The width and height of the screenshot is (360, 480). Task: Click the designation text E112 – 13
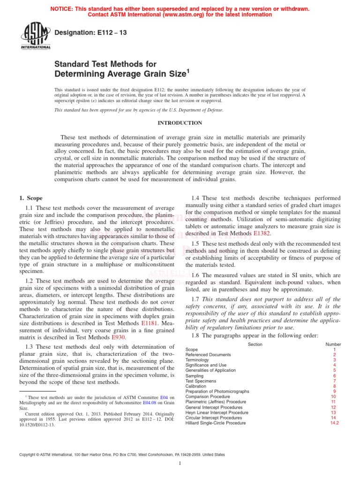[x=91, y=32]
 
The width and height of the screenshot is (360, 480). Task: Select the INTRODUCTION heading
[x=180, y=123]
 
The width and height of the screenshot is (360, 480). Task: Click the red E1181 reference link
[x=150, y=323]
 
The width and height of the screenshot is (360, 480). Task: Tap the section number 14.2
[x=334, y=423]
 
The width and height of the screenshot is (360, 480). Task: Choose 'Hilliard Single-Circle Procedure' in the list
[x=215, y=423]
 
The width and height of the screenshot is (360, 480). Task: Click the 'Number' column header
[x=333, y=345]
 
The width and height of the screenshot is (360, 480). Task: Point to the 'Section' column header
[x=255, y=345]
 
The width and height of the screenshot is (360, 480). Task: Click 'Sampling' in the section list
[x=195, y=376]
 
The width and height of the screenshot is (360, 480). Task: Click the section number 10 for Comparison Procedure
[x=334, y=397]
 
